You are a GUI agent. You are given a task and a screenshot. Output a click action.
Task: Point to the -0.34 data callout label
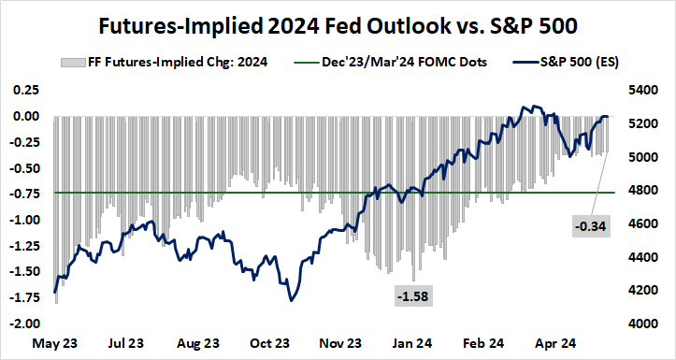coord(590,226)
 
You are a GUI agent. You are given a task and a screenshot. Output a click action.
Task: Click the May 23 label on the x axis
coord(55,343)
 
